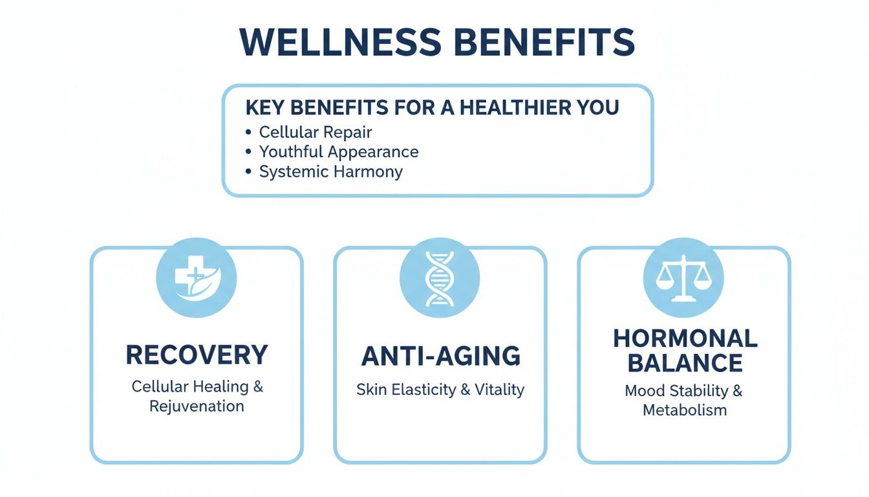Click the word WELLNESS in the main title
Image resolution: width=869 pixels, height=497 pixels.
click(340, 42)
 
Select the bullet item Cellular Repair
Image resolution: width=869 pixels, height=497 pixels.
click(316, 132)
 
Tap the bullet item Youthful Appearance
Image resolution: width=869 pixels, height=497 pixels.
click(339, 152)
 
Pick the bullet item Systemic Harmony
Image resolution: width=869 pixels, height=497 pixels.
click(330, 171)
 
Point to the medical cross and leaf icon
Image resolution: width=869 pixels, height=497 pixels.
click(196, 278)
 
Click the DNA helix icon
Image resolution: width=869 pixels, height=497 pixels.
click(440, 278)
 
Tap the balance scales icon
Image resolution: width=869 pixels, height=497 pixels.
click(683, 278)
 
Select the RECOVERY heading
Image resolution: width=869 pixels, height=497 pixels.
click(197, 355)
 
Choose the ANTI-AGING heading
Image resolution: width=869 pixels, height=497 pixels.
click(440, 357)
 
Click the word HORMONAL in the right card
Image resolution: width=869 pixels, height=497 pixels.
click(685, 338)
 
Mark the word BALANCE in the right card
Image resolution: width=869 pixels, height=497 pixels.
click(685, 364)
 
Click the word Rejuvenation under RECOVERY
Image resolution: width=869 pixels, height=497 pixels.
click(197, 406)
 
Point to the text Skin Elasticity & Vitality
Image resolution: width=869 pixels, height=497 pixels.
click(440, 390)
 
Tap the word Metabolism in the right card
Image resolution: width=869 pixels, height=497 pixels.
click(685, 410)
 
